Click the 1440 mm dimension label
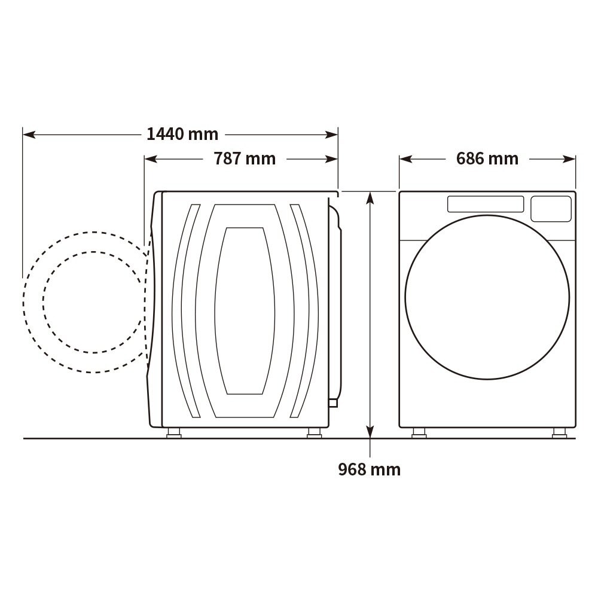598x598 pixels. coord(182,134)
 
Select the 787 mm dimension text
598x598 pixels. coord(245,158)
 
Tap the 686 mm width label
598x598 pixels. coord(487,158)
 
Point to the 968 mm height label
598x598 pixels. coord(369,469)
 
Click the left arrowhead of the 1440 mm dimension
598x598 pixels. coord(29,135)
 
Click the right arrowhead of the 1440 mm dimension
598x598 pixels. coord(331,135)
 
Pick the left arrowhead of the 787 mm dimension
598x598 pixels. coord(151,159)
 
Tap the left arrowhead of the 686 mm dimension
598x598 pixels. coord(406,159)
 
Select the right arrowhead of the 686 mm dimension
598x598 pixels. coord(569,159)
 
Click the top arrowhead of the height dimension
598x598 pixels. coord(370,199)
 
